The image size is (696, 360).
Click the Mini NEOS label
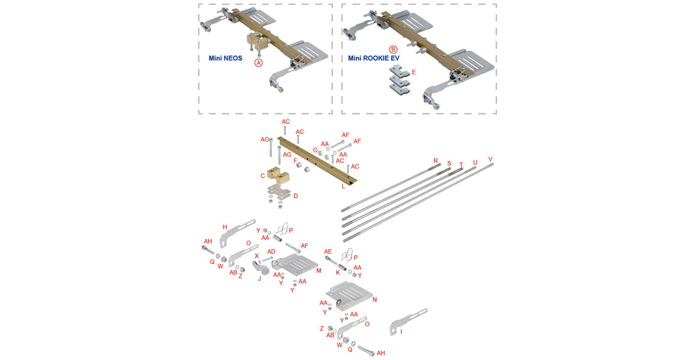click(221, 59)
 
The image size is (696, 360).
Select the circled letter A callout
click(259, 62)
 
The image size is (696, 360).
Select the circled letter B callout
click(393, 50)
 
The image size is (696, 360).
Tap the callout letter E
click(413, 72)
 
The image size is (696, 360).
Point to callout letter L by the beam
click(343, 187)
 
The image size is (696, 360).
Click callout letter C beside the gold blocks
click(263, 176)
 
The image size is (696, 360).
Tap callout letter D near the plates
click(295, 196)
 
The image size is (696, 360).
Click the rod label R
click(436, 161)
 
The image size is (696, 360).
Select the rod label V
click(490, 160)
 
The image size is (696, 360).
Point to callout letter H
click(224, 227)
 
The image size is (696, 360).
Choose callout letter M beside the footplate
click(319, 271)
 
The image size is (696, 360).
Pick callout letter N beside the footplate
click(374, 299)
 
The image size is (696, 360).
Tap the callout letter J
click(259, 278)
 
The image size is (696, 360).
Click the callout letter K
click(338, 272)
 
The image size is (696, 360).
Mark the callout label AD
click(271, 251)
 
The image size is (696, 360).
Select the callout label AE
click(328, 251)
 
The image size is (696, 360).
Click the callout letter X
click(256, 256)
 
